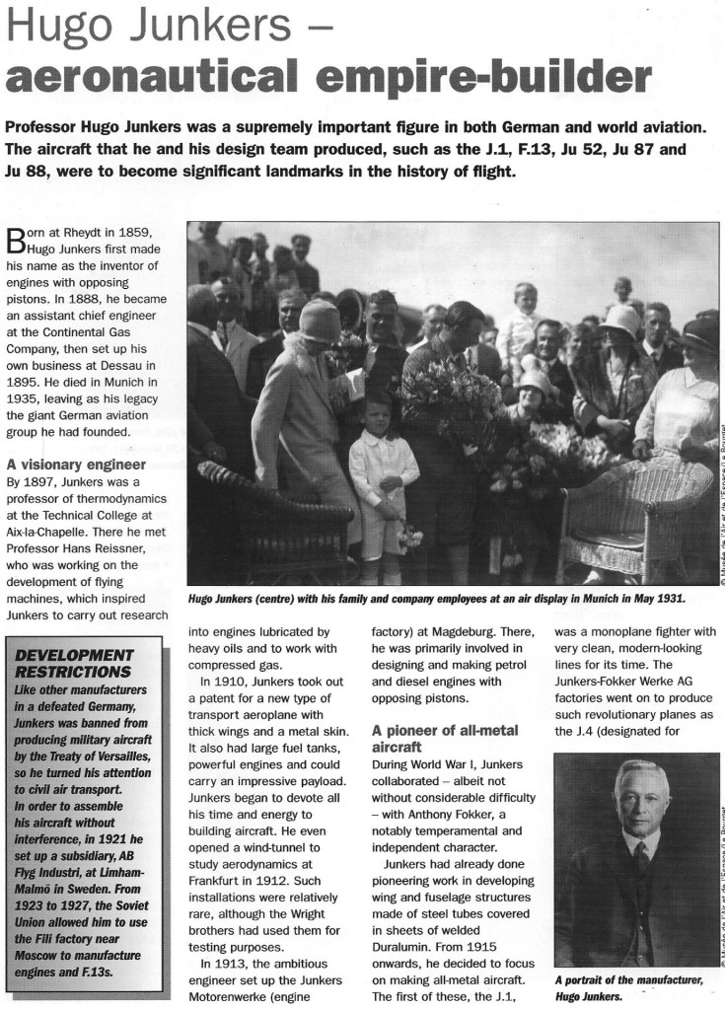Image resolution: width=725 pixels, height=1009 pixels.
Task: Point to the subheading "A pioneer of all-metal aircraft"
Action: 445,740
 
